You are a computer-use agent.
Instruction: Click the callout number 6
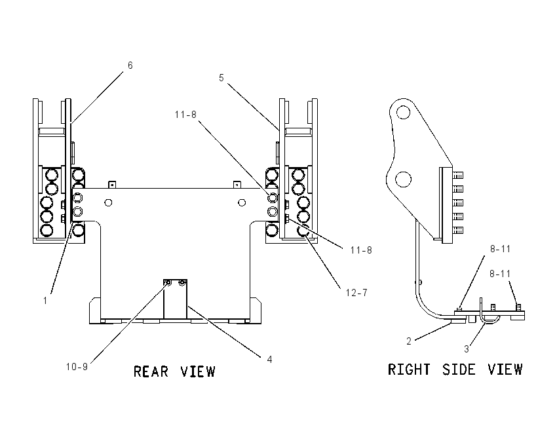pyautogui.click(x=130, y=66)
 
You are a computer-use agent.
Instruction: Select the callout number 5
pyautogui.click(x=221, y=78)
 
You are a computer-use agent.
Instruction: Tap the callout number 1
pyautogui.click(x=45, y=301)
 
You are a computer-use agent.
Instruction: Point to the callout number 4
pyautogui.click(x=269, y=360)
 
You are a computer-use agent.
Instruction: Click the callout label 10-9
pyautogui.click(x=77, y=367)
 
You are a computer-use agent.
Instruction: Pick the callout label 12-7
pyautogui.click(x=356, y=293)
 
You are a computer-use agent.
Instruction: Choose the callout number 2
pyautogui.click(x=409, y=341)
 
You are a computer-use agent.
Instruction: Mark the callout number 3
pyautogui.click(x=467, y=349)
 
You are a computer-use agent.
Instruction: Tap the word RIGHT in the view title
pyautogui.click(x=409, y=369)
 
